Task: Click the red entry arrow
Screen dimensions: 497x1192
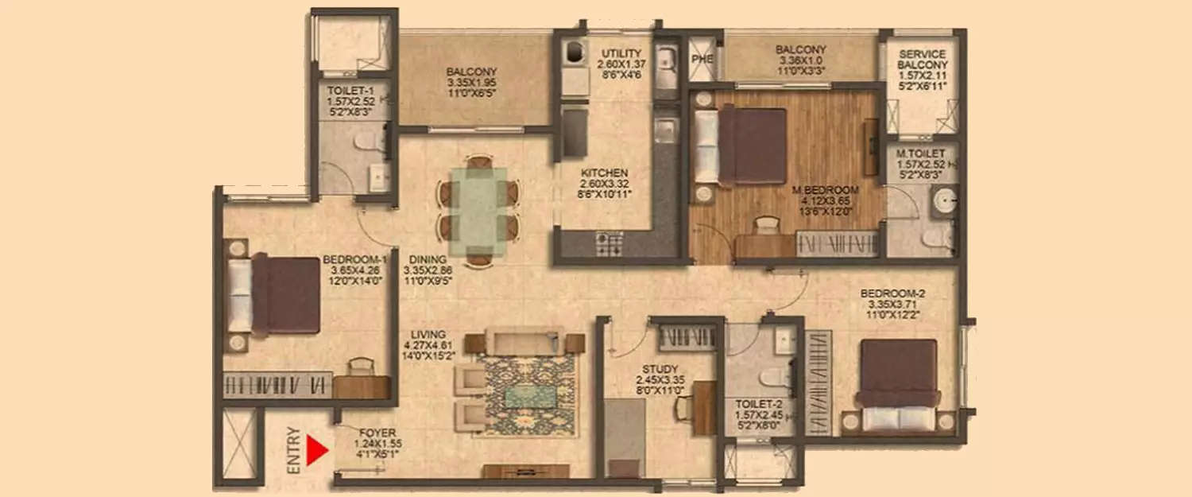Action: (x=317, y=452)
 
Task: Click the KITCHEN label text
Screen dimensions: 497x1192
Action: (x=604, y=173)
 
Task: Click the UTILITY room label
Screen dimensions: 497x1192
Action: (x=621, y=53)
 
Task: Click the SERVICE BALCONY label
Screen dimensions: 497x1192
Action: (x=922, y=59)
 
